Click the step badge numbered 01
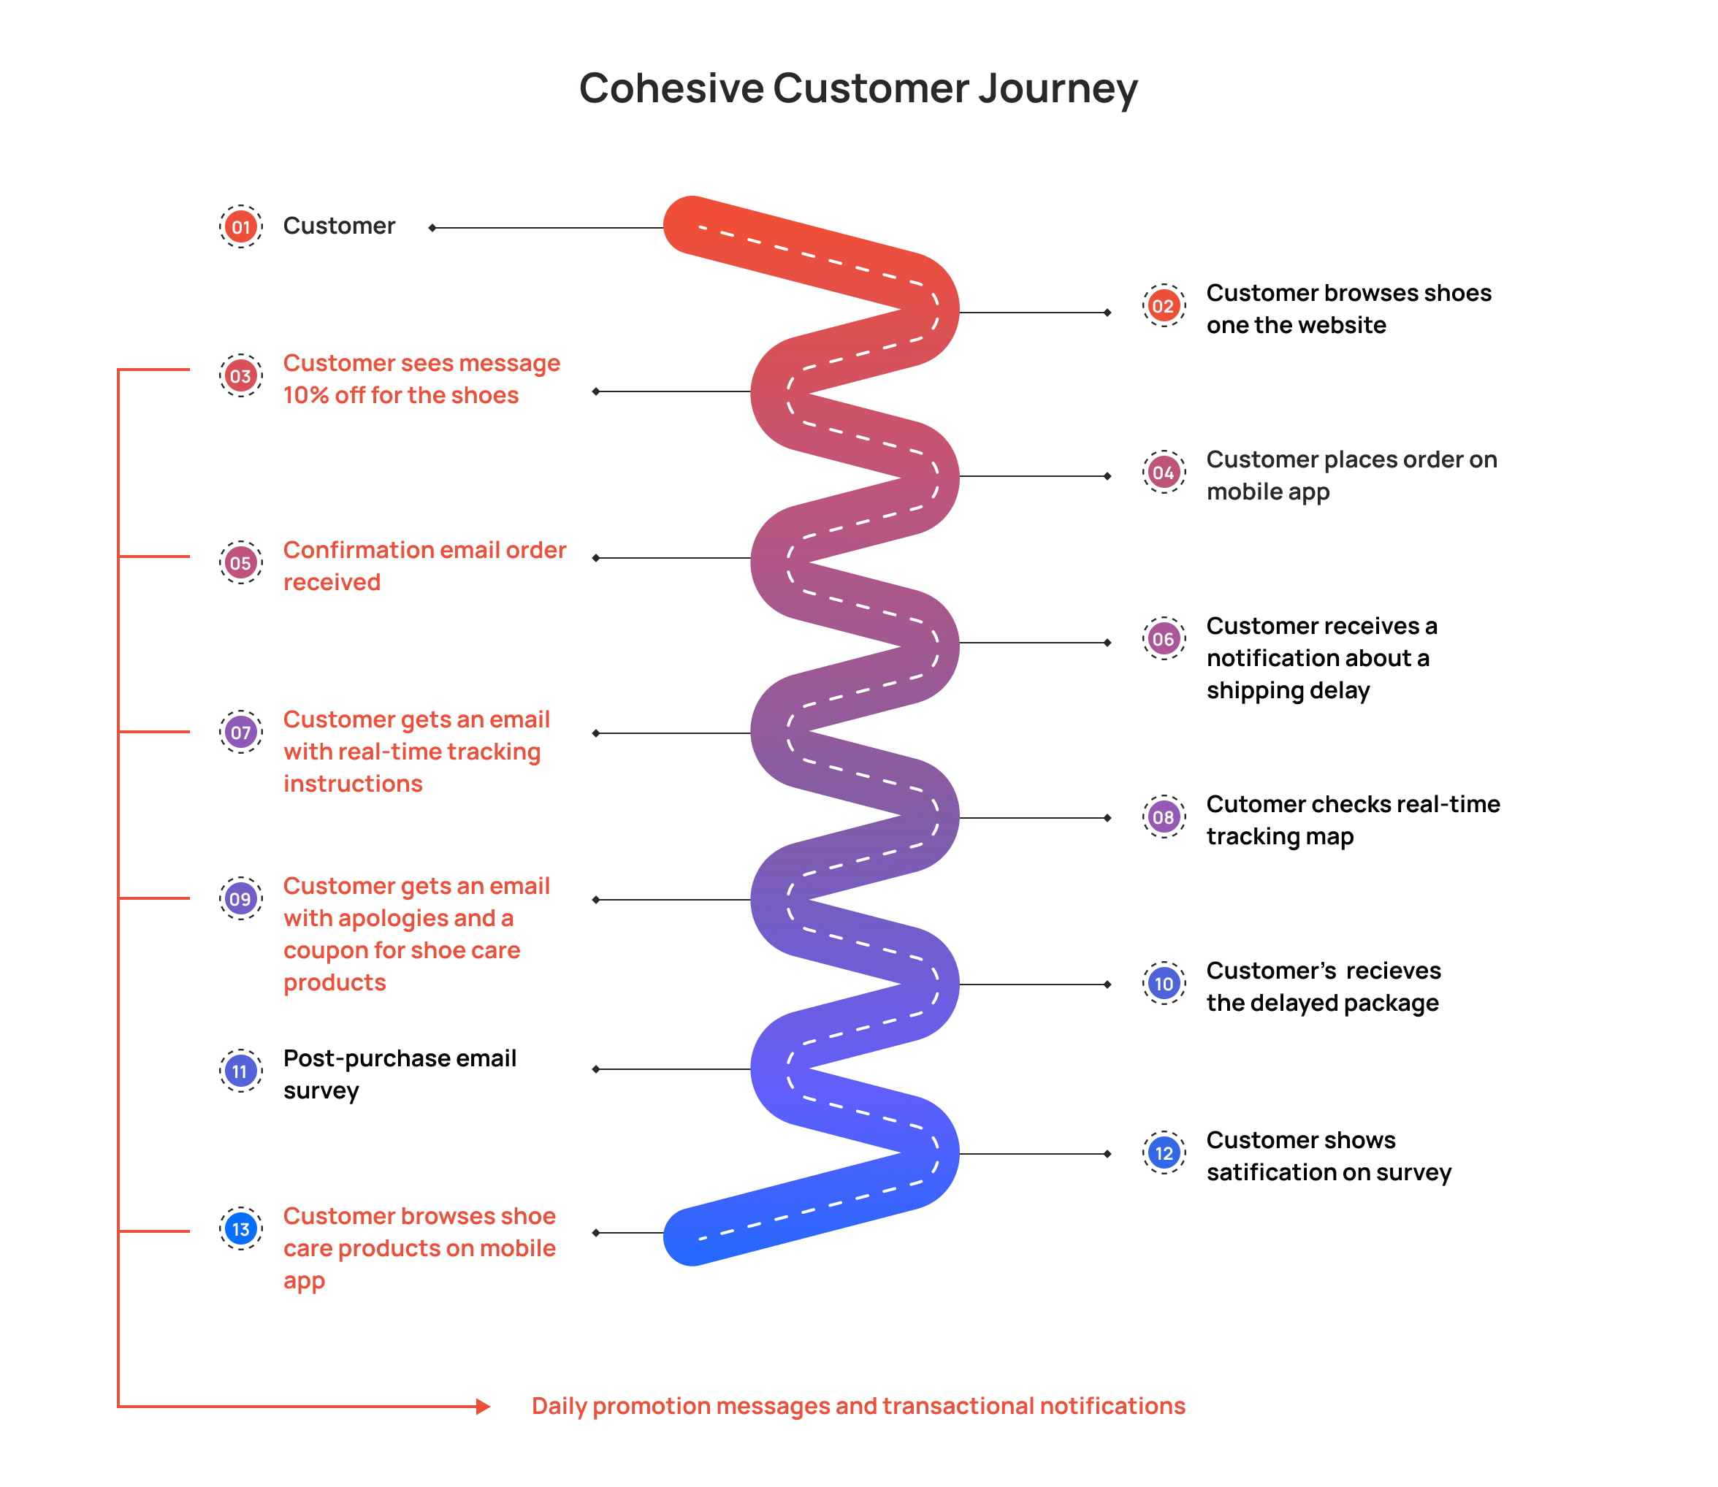click(x=241, y=226)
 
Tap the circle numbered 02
click(x=1164, y=305)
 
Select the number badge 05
click(x=241, y=562)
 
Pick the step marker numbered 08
click(x=1164, y=817)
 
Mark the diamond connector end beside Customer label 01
click(x=432, y=227)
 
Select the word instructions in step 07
click(x=353, y=784)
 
